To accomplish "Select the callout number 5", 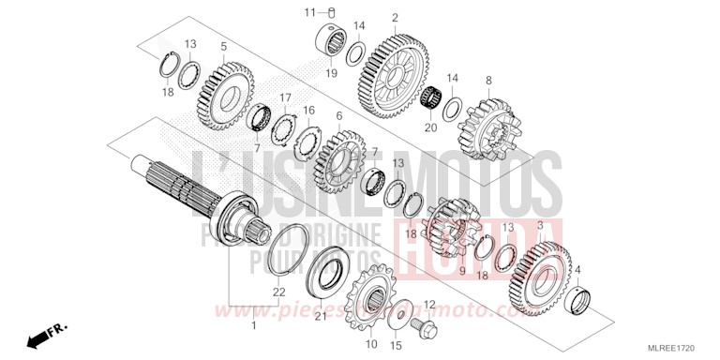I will pos(223,46).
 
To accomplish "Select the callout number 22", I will pos(278,293).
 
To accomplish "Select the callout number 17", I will pos(285,97).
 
